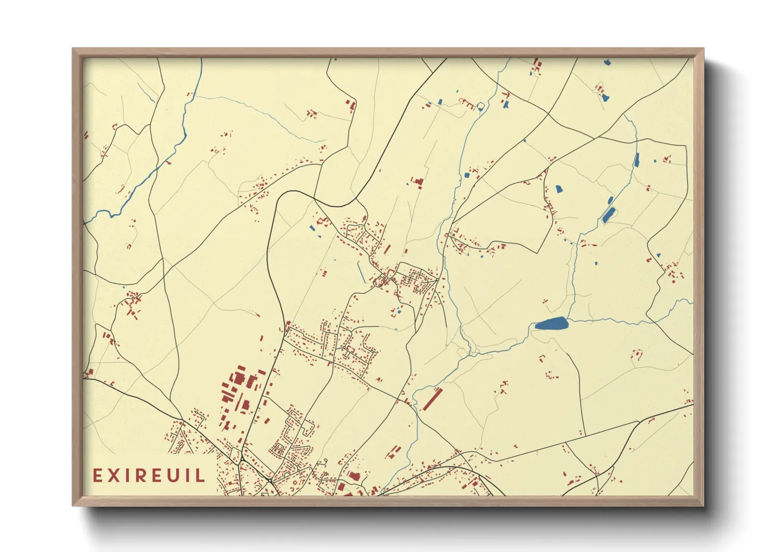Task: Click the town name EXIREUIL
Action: (x=149, y=476)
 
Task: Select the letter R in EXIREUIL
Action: (x=142, y=476)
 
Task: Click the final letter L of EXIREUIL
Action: (x=200, y=476)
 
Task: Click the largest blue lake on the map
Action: (x=551, y=324)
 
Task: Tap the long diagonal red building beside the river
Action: (x=431, y=399)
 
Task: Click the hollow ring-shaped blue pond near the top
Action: (x=480, y=106)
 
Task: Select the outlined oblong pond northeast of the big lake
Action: (x=608, y=214)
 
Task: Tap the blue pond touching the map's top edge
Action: (x=607, y=63)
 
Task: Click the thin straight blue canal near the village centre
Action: (x=361, y=272)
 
